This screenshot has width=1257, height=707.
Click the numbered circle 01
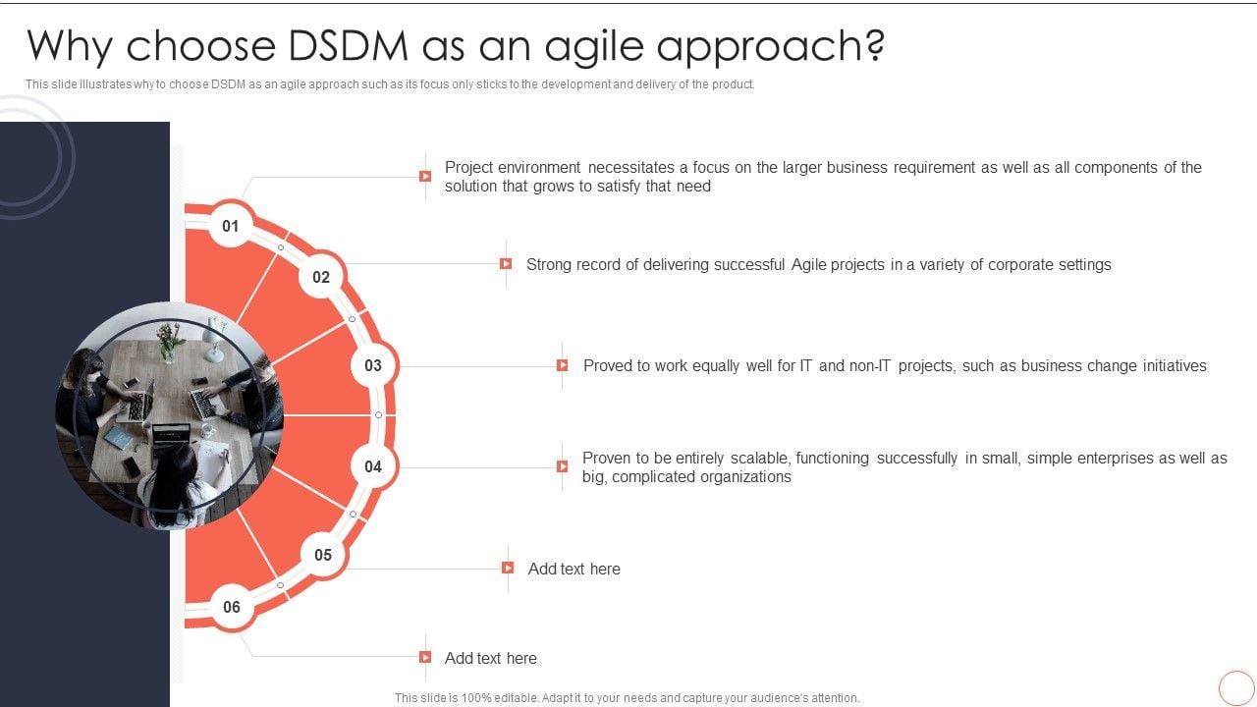(231, 227)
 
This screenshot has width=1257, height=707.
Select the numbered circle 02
(321, 278)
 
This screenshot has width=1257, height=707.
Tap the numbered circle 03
(373, 366)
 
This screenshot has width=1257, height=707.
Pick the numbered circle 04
(373, 466)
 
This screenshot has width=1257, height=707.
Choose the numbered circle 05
(323, 556)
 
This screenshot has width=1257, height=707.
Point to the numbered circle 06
(232, 607)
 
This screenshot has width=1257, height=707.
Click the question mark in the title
(873, 46)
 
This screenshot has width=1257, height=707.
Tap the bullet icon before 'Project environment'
(425, 177)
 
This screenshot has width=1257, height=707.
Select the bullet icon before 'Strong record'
(506, 264)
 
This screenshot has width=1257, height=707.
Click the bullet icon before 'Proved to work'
(563, 365)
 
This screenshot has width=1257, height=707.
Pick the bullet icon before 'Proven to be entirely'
(563, 467)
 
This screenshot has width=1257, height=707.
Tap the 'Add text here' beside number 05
(574, 569)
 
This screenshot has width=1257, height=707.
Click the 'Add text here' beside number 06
(490, 658)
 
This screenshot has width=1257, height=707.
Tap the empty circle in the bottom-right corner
(1235, 687)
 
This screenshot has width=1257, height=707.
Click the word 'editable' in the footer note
(507, 698)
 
